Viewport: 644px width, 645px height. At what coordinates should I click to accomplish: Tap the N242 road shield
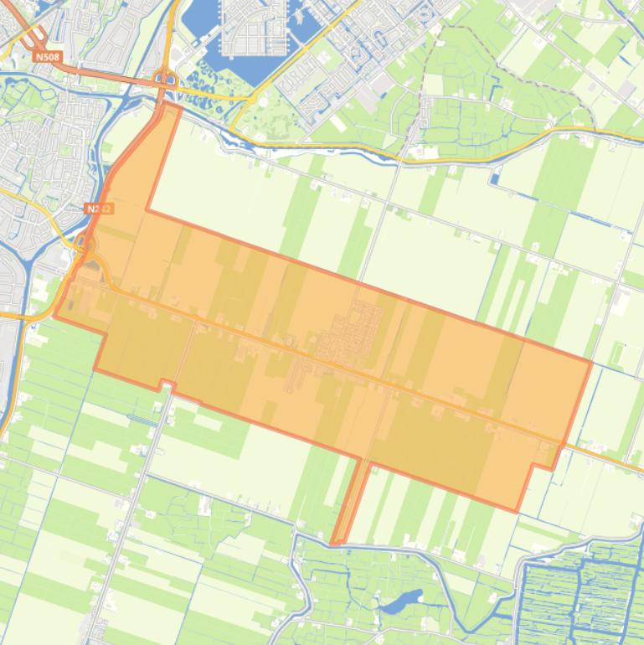98,208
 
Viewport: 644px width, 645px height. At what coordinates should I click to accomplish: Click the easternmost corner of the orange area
591,362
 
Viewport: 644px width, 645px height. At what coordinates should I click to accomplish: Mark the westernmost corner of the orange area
55,317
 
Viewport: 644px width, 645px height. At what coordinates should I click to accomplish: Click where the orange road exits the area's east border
565,443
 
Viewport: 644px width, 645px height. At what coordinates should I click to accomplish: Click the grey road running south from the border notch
134,503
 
